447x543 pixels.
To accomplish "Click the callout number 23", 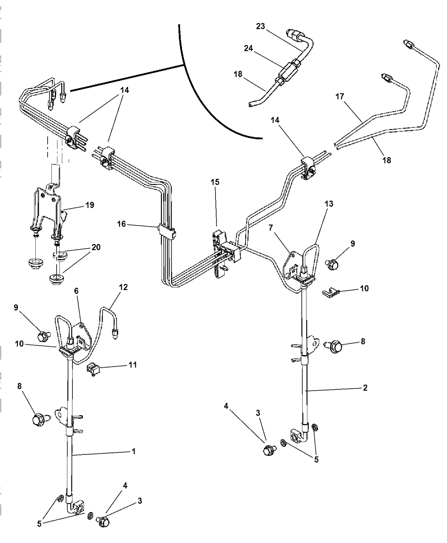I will click(261, 26).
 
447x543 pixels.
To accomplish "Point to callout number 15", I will click(215, 182).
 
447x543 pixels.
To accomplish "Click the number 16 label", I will click(122, 224).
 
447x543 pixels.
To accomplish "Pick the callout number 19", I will click(89, 205).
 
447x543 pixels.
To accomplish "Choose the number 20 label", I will click(96, 247).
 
